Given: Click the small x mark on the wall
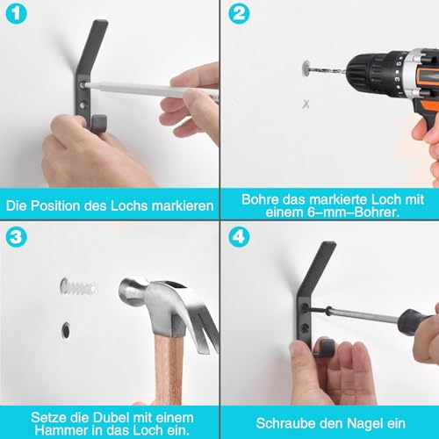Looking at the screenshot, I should pos(306,104).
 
